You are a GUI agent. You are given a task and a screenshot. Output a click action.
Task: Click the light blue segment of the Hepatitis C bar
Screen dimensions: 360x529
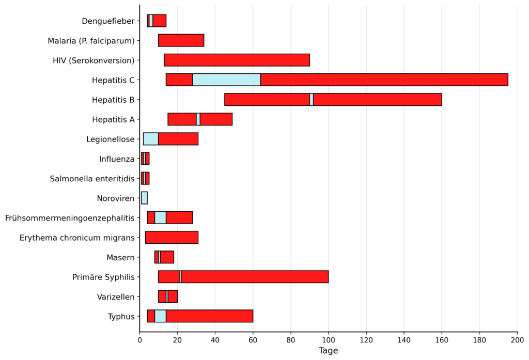click(x=226, y=80)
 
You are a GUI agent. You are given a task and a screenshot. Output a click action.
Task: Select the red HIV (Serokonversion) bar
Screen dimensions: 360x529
click(x=237, y=60)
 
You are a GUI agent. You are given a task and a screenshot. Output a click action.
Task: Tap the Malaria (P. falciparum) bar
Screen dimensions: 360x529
click(x=181, y=40)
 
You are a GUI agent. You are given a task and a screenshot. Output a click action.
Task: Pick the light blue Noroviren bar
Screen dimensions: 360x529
click(x=144, y=198)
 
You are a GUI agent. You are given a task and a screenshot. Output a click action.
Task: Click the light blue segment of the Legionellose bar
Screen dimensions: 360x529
click(x=151, y=139)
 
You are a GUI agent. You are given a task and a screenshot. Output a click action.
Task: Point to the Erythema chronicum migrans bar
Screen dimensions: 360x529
click(x=172, y=238)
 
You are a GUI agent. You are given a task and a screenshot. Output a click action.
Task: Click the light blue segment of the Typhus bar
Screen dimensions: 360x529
click(x=160, y=316)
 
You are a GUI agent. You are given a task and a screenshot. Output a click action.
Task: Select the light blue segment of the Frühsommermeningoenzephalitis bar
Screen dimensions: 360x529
click(x=160, y=217)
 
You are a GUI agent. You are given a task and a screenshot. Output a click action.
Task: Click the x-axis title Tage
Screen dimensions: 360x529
click(x=328, y=351)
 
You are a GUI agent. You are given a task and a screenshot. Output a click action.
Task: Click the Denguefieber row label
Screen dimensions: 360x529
click(x=108, y=21)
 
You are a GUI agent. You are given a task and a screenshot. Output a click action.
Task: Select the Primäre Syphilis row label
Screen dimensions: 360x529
click(x=103, y=277)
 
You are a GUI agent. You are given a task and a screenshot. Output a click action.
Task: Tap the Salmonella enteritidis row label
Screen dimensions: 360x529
click(x=92, y=179)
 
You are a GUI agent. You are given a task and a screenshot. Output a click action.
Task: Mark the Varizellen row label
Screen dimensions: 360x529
click(x=116, y=297)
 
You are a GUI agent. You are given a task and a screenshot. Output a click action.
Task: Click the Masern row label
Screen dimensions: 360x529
click(x=120, y=258)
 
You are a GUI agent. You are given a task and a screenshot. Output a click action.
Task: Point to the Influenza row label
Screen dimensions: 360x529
click(x=117, y=159)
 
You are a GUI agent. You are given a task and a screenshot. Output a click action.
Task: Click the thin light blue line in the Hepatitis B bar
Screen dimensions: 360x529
click(x=312, y=99)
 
